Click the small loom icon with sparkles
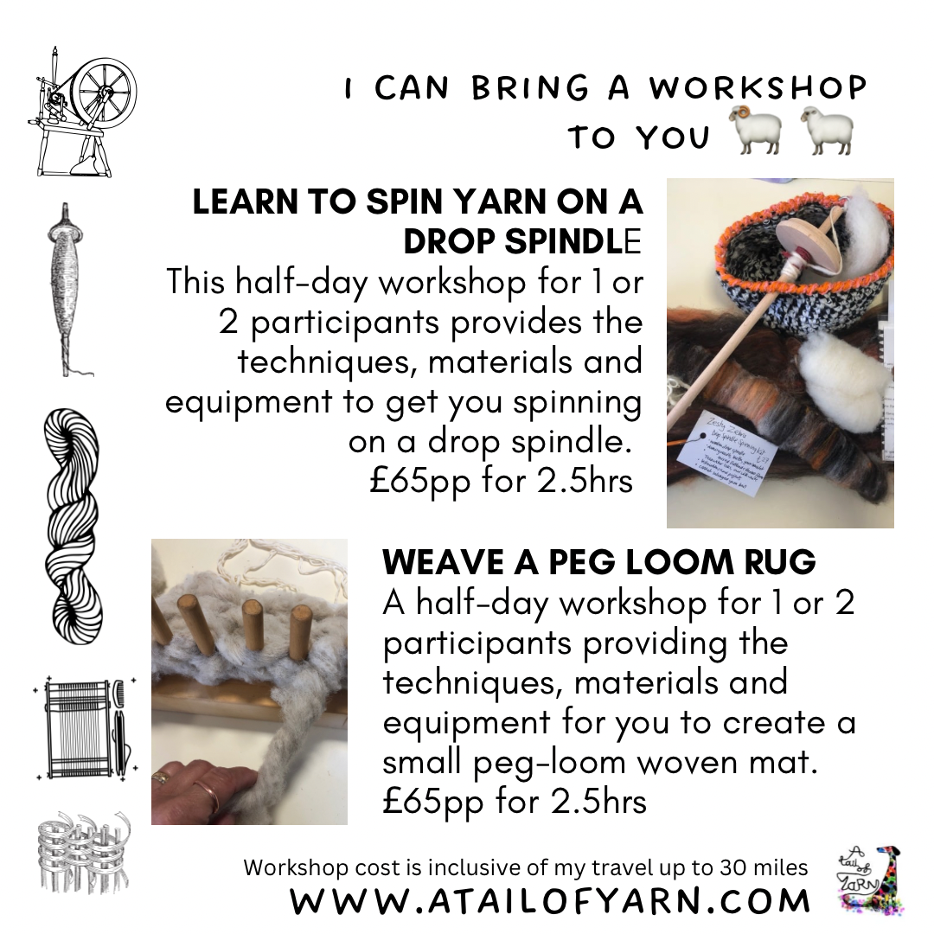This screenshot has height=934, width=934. point(82,734)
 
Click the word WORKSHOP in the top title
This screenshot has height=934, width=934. point(758,88)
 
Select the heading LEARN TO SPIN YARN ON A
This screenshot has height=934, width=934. point(417,202)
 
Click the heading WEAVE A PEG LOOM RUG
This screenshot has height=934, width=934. point(598,562)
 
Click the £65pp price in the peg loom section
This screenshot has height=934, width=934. point(435,801)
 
